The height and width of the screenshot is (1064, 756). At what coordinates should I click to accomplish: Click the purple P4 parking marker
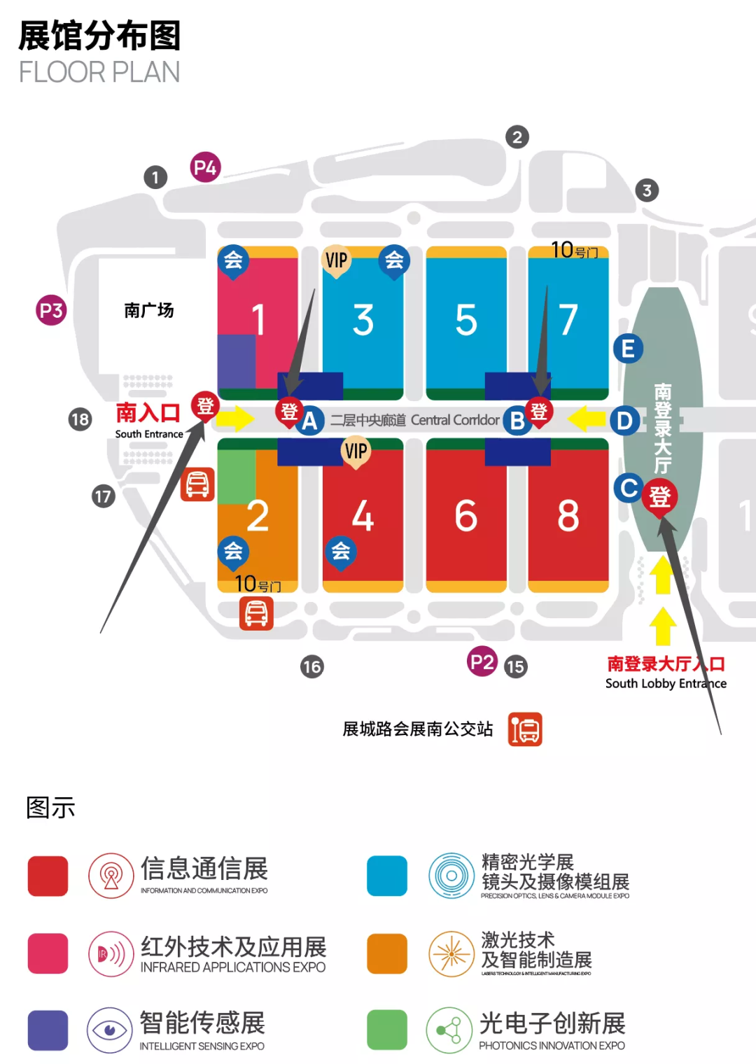click(x=205, y=167)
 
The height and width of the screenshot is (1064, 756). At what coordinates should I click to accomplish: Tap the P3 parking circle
click(x=51, y=310)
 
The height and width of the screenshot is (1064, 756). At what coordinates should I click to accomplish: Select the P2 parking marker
click(x=482, y=661)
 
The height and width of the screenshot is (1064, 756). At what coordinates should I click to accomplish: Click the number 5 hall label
click(x=466, y=320)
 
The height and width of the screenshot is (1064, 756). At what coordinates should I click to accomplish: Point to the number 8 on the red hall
click(x=568, y=516)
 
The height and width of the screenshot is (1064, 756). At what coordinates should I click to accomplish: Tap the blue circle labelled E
click(x=628, y=348)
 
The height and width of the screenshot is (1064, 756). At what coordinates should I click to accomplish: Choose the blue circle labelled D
click(x=624, y=421)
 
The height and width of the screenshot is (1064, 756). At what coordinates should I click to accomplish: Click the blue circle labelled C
click(x=628, y=488)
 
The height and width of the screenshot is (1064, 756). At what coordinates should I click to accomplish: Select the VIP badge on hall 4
click(x=356, y=451)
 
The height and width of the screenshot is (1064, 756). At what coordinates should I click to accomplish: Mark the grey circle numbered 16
click(x=312, y=666)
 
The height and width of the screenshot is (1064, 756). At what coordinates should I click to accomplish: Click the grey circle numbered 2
click(x=517, y=137)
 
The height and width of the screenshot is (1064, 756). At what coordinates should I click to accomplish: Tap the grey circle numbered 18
click(x=80, y=419)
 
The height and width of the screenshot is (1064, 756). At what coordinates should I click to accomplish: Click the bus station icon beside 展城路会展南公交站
click(x=525, y=729)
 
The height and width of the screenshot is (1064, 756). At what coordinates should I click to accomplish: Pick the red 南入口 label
click(x=148, y=412)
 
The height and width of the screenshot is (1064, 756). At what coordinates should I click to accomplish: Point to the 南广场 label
click(x=148, y=310)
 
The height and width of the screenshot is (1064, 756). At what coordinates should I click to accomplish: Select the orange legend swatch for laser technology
click(x=387, y=953)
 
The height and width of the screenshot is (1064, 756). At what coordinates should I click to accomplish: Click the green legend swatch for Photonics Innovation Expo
click(x=387, y=1030)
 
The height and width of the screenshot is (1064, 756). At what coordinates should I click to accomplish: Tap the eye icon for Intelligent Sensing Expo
click(x=110, y=1030)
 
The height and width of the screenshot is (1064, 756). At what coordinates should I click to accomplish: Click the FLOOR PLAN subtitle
click(x=99, y=72)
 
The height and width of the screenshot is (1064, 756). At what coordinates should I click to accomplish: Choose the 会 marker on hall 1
click(x=233, y=260)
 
